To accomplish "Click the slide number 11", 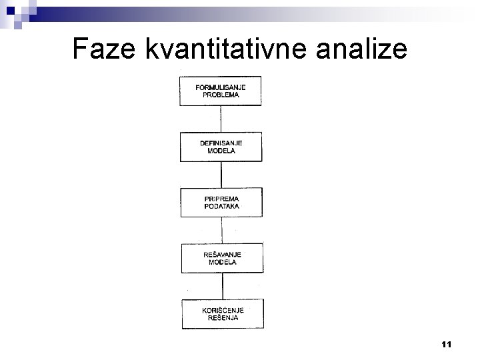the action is point(447,345).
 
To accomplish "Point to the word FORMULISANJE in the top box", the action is point(221,87).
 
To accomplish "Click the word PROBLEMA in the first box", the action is point(221,95).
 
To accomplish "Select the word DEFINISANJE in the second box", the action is point(221,143).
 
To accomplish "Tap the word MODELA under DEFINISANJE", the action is point(221,151).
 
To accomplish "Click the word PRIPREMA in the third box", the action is point(221,199).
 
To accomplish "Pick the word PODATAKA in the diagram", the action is point(221,207).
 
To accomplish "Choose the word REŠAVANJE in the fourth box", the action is point(221,255).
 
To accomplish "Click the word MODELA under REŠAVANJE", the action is point(221,263).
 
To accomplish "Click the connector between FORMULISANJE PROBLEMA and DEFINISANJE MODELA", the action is point(221,119).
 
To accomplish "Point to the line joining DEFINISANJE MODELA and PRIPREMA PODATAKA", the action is point(221,175).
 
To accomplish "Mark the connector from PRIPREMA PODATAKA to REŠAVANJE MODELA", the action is point(221,231).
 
